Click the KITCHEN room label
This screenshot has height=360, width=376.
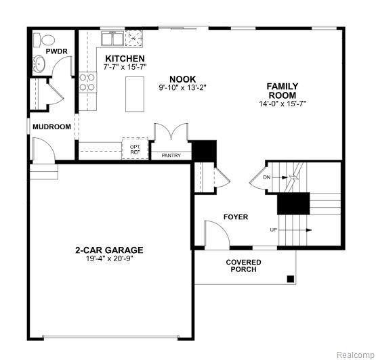click(x=125, y=59)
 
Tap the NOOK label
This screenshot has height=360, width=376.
click(x=182, y=78)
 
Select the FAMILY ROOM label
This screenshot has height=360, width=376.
click(x=282, y=91)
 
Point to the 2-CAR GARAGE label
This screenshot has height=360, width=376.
click(x=109, y=250)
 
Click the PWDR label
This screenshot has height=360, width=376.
click(x=56, y=51)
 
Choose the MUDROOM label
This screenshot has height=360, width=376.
click(x=52, y=127)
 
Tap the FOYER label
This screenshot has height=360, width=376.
click(x=236, y=217)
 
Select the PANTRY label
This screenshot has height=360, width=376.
click(x=171, y=156)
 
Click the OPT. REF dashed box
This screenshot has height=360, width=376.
click(x=135, y=148)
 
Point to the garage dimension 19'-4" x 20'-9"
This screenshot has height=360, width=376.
click(x=109, y=258)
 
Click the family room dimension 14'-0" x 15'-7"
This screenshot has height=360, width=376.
click(x=282, y=104)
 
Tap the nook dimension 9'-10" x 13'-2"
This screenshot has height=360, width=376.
click(x=182, y=87)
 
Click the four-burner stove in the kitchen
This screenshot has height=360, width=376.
click(x=87, y=83)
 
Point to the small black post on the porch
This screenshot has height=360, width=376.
click(x=291, y=278)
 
